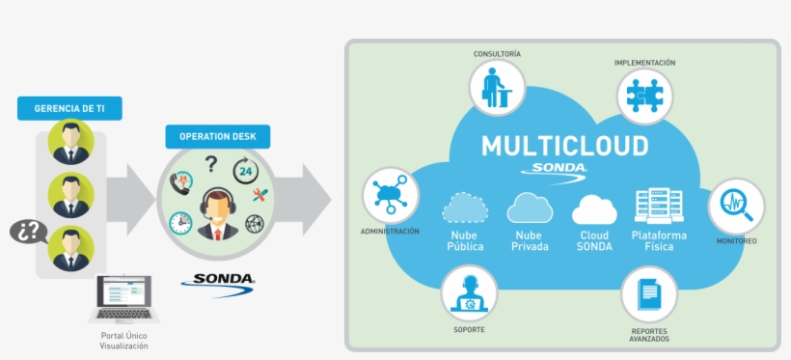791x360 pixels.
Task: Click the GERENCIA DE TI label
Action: click(69, 108)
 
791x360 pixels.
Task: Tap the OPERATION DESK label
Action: click(217, 137)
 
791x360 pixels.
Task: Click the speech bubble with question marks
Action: click(28, 232)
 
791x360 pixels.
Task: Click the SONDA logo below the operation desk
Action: click(219, 281)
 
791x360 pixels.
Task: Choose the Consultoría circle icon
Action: click(497, 89)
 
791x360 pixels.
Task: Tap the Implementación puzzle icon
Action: click(644, 97)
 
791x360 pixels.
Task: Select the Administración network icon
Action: click(390, 196)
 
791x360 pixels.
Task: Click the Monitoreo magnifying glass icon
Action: click(736, 206)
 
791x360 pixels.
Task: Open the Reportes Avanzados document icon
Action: click(649, 294)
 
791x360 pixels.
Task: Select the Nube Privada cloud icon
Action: click(531, 208)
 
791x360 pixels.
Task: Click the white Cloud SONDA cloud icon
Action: click(594, 208)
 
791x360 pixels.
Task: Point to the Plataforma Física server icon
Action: click(659, 206)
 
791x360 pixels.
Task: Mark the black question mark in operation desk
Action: click(211, 165)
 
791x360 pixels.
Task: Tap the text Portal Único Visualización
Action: click(123, 340)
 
